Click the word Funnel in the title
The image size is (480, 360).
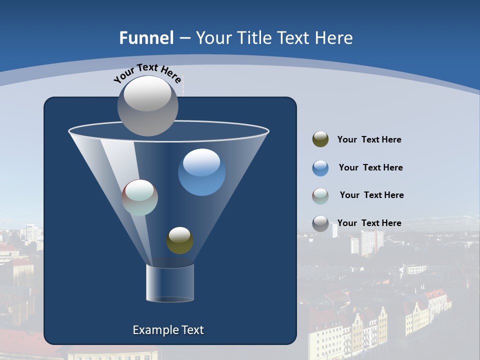146,38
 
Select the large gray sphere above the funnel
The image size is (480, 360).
147,105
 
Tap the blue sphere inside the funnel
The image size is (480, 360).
201,172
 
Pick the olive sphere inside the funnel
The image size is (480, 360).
179,240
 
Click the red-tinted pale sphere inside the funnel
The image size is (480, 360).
140,197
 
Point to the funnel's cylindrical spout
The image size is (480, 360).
169,283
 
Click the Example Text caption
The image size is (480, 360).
168,330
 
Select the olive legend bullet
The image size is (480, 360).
320,139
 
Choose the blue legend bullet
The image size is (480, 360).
320,168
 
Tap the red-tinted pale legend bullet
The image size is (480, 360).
320,196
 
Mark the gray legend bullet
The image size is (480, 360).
320,223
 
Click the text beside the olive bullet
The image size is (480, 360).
369,140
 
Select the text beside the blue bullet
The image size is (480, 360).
370,168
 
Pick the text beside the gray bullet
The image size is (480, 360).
369,223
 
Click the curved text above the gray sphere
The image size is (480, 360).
147,73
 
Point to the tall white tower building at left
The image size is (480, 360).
31,232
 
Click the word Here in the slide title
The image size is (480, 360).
335,38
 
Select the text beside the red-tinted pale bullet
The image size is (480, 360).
371,195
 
